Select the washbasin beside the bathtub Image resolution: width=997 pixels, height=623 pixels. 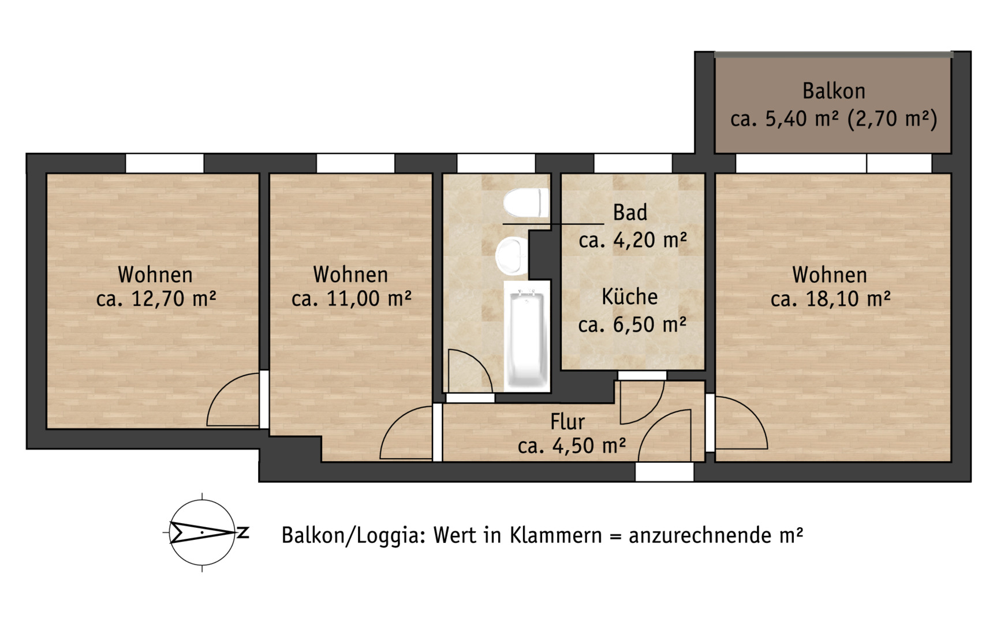coord(511,256)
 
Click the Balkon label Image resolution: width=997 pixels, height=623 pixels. coord(834,91)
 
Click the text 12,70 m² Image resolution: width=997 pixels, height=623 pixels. coord(174,299)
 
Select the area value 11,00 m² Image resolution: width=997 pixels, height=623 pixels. coord(369,299)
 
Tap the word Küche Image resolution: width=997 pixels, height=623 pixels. coord(630,297)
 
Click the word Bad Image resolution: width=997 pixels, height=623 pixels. coord(630,213)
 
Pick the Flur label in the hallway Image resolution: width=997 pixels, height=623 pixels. coord(567,422)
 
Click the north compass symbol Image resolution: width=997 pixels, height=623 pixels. coord(202,532)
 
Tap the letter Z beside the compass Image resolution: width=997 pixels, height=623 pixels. coord(243,532)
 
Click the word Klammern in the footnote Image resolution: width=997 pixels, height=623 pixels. coord(555,535)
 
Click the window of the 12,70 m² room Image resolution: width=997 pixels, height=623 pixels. coord(165,163)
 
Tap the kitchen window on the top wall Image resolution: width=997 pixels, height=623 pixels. coord(633,163)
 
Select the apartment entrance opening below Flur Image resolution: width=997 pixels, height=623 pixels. coord(664,472)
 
